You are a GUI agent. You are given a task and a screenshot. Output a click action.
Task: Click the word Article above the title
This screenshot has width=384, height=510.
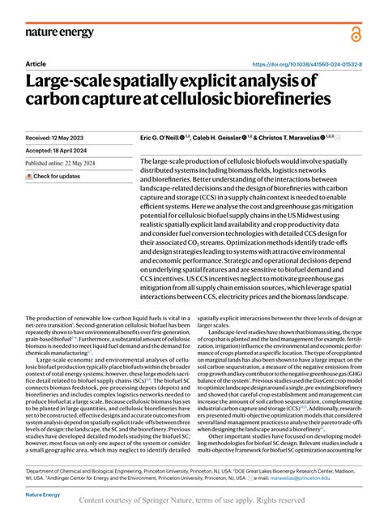(36, 64)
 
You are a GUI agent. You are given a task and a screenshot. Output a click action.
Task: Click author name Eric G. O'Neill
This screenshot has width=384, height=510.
(166, 139)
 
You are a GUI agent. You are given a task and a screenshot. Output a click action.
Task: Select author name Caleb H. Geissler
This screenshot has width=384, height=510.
(236, 139)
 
